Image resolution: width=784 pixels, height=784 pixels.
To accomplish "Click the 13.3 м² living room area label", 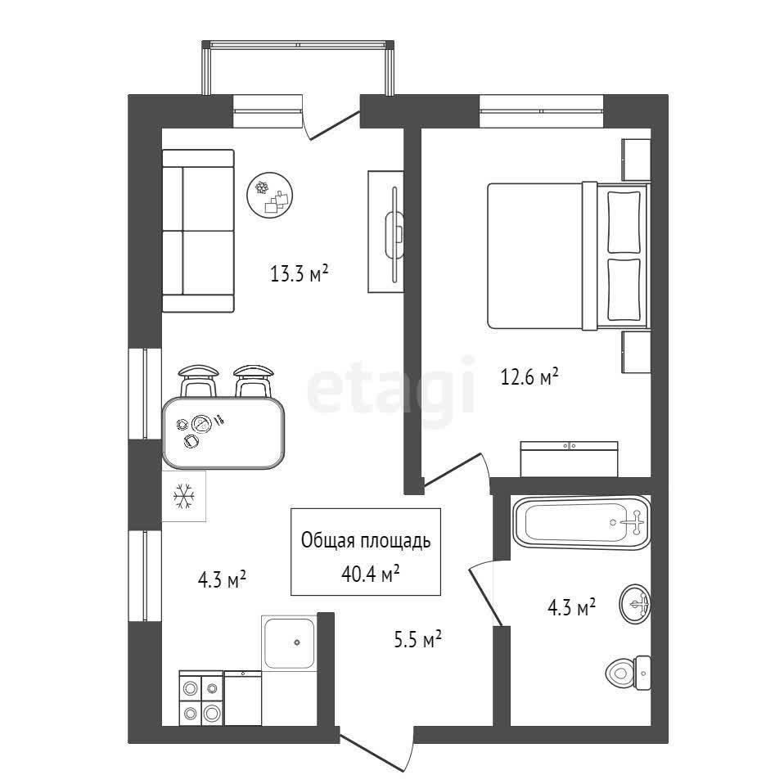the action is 299,273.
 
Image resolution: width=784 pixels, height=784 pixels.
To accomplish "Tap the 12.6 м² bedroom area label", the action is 529,376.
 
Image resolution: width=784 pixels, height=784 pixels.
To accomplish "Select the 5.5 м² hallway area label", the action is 417,639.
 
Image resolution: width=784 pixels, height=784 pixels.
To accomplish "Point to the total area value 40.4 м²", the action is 370,574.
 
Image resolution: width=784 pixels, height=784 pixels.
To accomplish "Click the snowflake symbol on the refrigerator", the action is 183,496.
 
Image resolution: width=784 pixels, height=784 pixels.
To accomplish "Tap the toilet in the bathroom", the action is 628,673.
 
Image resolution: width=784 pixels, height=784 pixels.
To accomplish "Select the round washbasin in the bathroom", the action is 634,603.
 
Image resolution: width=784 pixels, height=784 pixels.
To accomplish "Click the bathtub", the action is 582,522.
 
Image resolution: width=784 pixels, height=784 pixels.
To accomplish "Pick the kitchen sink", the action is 289,643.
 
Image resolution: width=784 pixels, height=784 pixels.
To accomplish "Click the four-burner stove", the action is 201,698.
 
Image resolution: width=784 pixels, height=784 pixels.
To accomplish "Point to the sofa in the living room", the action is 199,231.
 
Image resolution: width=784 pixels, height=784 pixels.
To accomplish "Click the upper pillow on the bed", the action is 624,222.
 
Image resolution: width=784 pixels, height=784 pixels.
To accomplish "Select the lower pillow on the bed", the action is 624,290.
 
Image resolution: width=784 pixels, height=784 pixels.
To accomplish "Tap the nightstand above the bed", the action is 636,160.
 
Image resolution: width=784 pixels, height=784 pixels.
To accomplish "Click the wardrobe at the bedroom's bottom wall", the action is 569,459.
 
